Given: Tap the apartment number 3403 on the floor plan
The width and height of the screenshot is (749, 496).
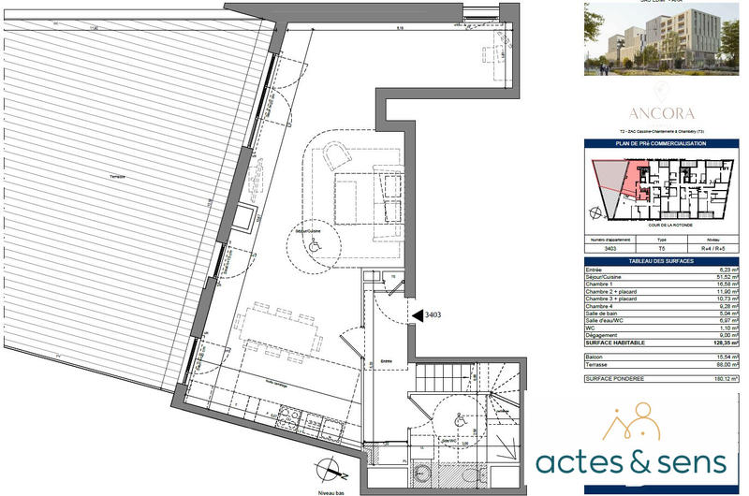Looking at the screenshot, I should pyautogui.click(x=433, y=316).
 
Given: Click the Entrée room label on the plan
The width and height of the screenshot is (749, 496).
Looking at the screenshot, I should pyautogui.click(x=386, y=359).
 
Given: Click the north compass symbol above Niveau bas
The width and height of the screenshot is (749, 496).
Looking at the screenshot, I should pyautogui.click(x=325, y=470).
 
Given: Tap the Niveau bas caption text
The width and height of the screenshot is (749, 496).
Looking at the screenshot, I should pyautogui.click(x=333, y=489).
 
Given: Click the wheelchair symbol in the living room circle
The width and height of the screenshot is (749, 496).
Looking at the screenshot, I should pyautogui.click(x=315, y=246).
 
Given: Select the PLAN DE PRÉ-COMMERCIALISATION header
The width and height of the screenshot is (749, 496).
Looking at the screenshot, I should pyautogui.click(x=662, y=144).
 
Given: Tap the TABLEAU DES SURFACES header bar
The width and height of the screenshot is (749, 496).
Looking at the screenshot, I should pyautogui.click(x=662, y=261).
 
